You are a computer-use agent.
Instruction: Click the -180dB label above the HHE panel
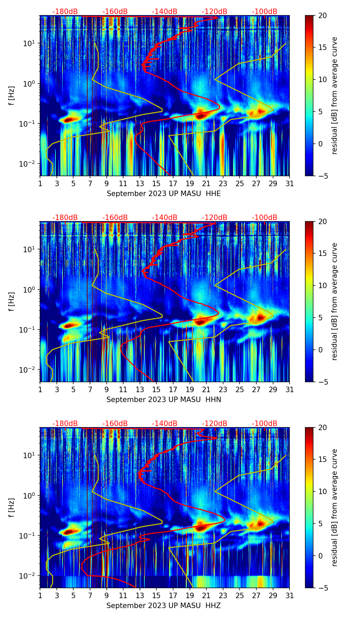pos(65,12)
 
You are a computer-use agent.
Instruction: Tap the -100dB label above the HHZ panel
pos(265,424)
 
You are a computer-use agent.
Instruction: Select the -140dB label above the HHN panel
pos(165,218)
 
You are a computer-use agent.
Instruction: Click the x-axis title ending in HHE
pos(164,194)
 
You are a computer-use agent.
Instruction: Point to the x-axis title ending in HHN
pos(164,400)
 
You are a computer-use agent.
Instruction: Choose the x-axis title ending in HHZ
pos(164,606)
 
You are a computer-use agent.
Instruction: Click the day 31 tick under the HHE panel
pos(290,183)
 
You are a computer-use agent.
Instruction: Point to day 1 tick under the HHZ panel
pos(40,595)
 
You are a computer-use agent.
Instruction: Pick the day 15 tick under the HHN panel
pos(156,389)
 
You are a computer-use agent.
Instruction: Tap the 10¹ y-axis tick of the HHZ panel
pos(30,455)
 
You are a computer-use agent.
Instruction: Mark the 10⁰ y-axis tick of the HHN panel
pos(30,290)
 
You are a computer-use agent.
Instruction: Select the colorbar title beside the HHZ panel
pos(335,507)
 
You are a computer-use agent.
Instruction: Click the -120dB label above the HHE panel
pos(215,12)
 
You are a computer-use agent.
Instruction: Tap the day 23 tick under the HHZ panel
pos(223,595)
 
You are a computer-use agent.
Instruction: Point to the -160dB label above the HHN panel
pos(115,218)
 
